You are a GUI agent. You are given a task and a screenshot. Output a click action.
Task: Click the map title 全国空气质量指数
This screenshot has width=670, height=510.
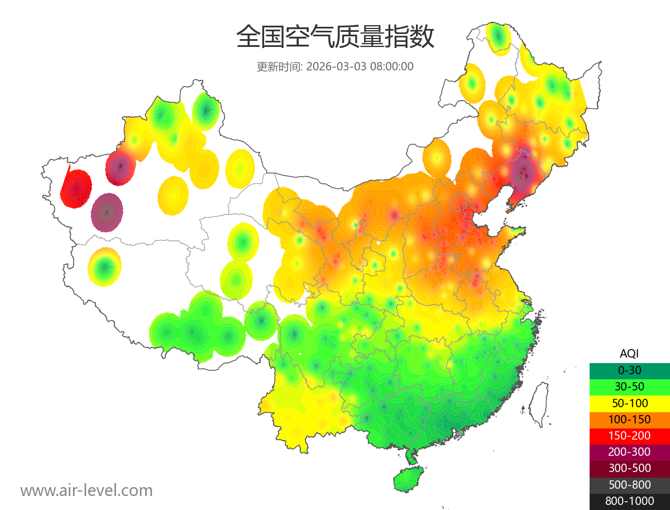pos(335,38)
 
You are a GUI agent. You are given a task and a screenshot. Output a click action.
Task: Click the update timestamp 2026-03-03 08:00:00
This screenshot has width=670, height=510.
pos(360,66)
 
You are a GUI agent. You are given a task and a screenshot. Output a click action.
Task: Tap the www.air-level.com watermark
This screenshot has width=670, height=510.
pos(87,490)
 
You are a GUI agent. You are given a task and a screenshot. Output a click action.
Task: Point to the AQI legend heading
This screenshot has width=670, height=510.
pos(629,353)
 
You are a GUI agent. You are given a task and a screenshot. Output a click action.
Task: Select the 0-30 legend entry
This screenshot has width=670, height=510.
pos(629,370)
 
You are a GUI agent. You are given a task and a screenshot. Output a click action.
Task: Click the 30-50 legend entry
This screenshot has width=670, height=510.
pos(629,386)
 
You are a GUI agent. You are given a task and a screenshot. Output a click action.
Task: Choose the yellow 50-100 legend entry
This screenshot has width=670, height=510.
pos(629,403)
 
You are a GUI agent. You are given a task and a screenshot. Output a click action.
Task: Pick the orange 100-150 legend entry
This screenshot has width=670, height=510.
pos(629,419)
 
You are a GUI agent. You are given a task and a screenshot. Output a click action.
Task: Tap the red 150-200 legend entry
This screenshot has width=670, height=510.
pos(629,435)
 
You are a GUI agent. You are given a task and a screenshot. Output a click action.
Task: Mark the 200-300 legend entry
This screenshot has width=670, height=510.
pos(629,452)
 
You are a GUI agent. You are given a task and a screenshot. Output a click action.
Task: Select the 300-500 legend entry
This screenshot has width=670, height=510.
pos(629,468)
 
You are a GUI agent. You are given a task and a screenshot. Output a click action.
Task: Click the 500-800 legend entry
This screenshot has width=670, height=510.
pos(629,484)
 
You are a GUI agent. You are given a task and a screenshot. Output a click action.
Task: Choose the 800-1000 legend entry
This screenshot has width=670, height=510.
pos(629,501)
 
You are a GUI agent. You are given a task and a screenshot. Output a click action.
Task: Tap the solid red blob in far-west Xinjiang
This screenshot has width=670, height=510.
pos(76,188)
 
